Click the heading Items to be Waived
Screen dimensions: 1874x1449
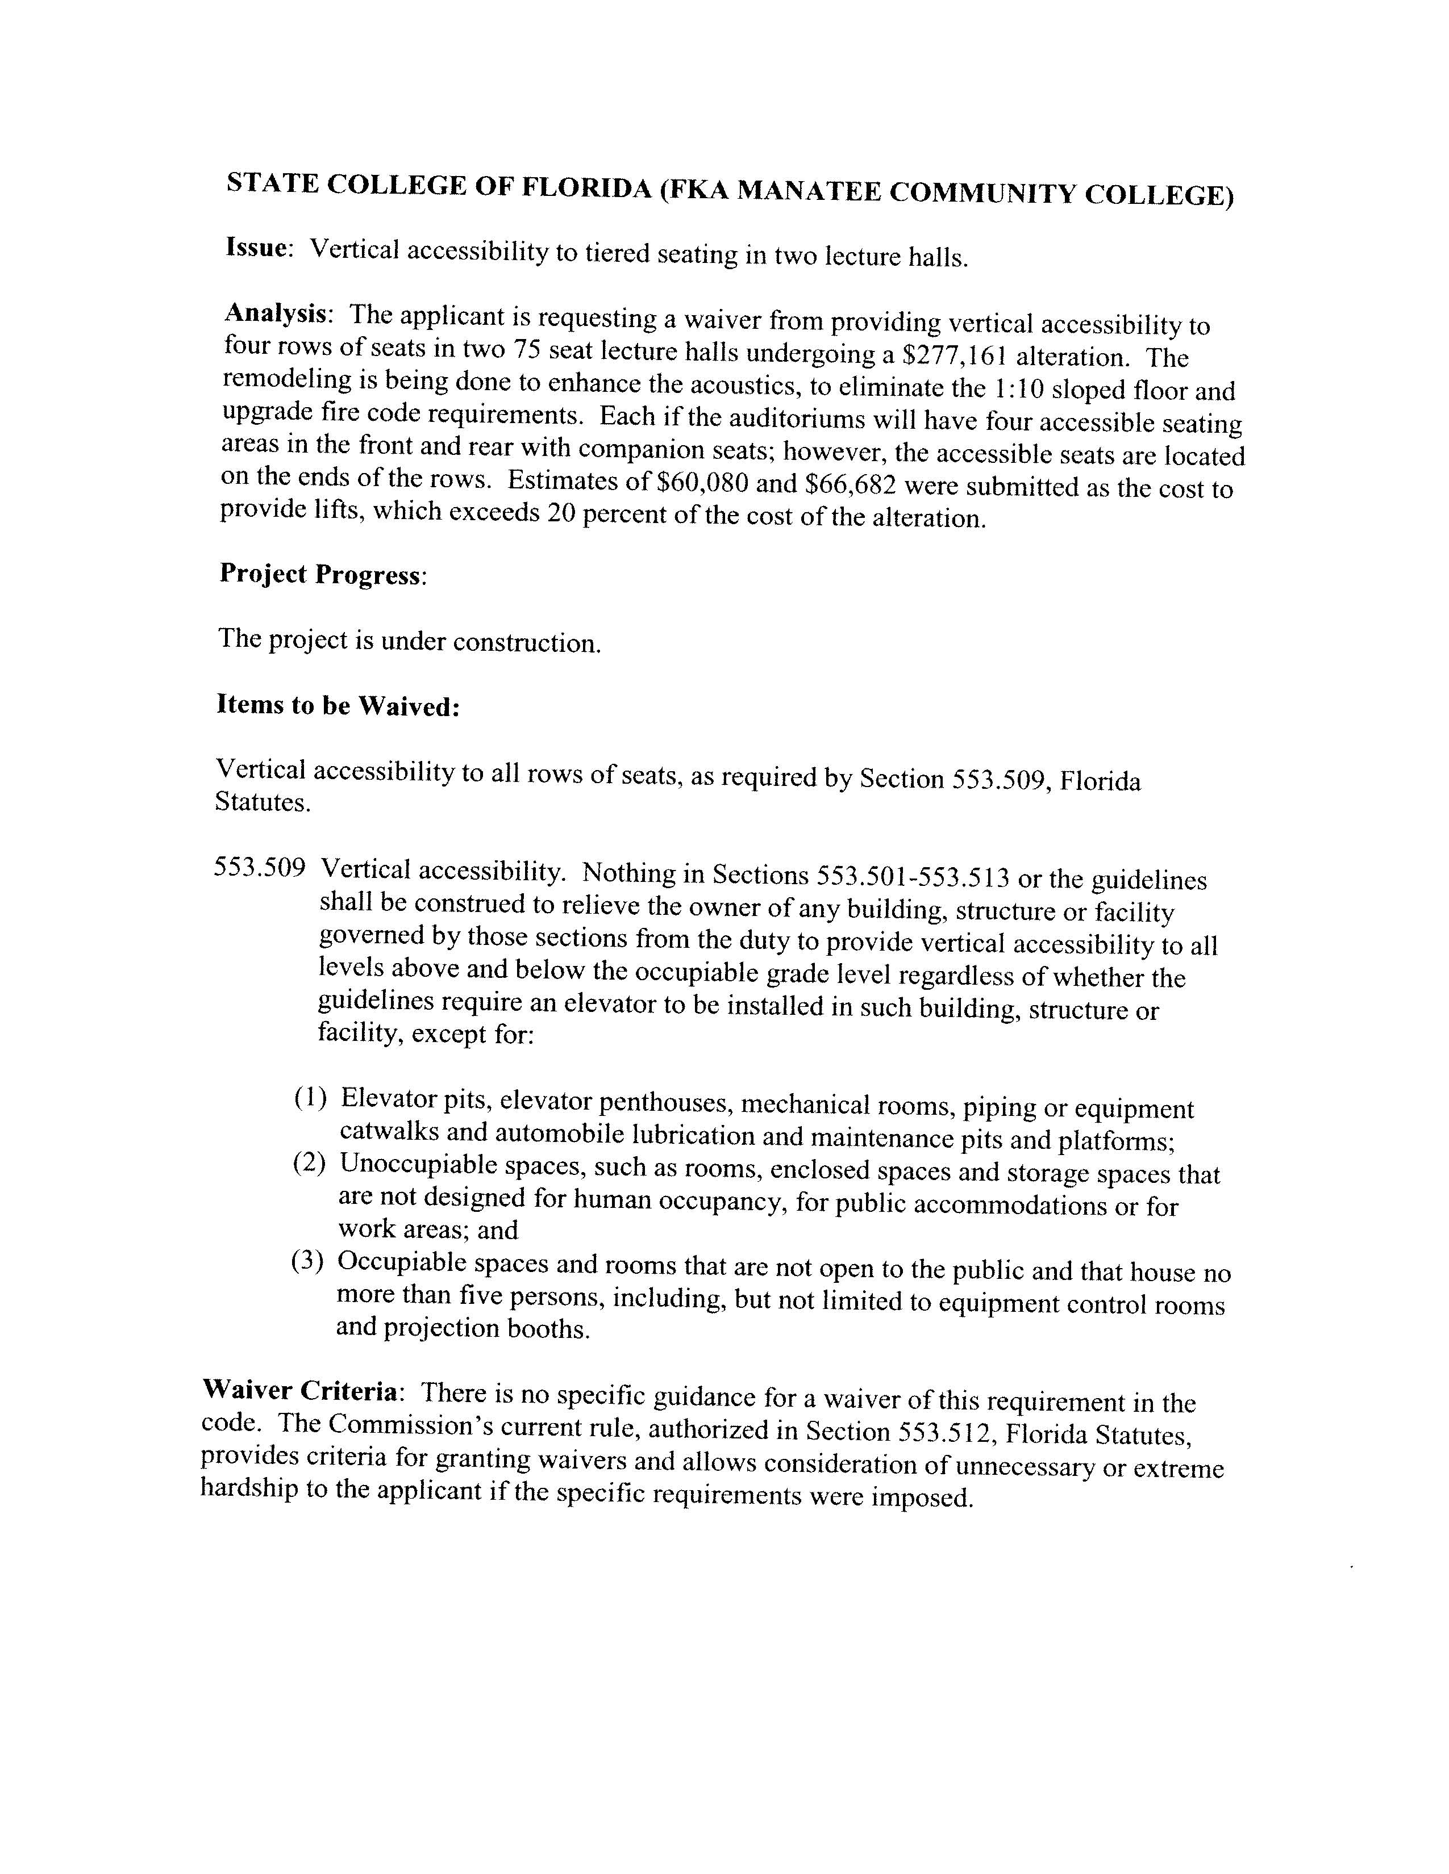point(338,705)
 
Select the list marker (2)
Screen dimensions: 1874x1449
point(310,1164)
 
